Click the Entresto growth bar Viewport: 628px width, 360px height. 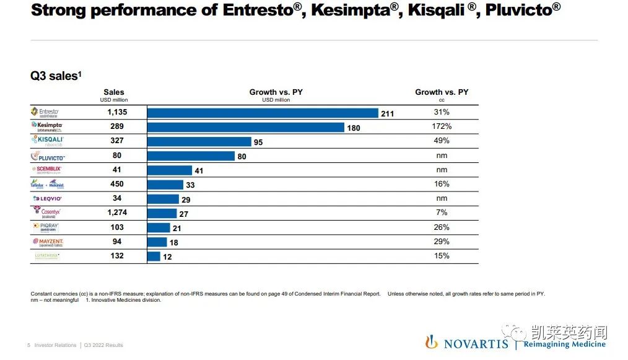click(x=263, y=113)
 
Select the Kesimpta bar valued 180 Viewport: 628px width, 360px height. click(x=246, y=127)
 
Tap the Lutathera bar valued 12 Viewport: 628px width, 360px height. click(x=154, y=256)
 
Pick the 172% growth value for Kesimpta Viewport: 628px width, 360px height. click(x=442, y=126)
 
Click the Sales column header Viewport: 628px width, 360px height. click(x=113, y=92)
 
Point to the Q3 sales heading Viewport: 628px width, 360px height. click(x=56, y=76)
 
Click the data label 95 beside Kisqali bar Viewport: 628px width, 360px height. click(x=258, y=143)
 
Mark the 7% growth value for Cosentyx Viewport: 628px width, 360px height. click(x=442, y=213)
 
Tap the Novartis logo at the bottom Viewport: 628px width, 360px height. click(x=466, y=343)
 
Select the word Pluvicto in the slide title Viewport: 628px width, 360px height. click(x=520, y=11)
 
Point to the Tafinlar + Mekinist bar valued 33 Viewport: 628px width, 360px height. click(x=165, y=185)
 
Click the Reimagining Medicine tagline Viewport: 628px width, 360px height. click(x=564, y=345)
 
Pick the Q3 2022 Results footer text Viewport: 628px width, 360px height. click(x=103, y=345)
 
